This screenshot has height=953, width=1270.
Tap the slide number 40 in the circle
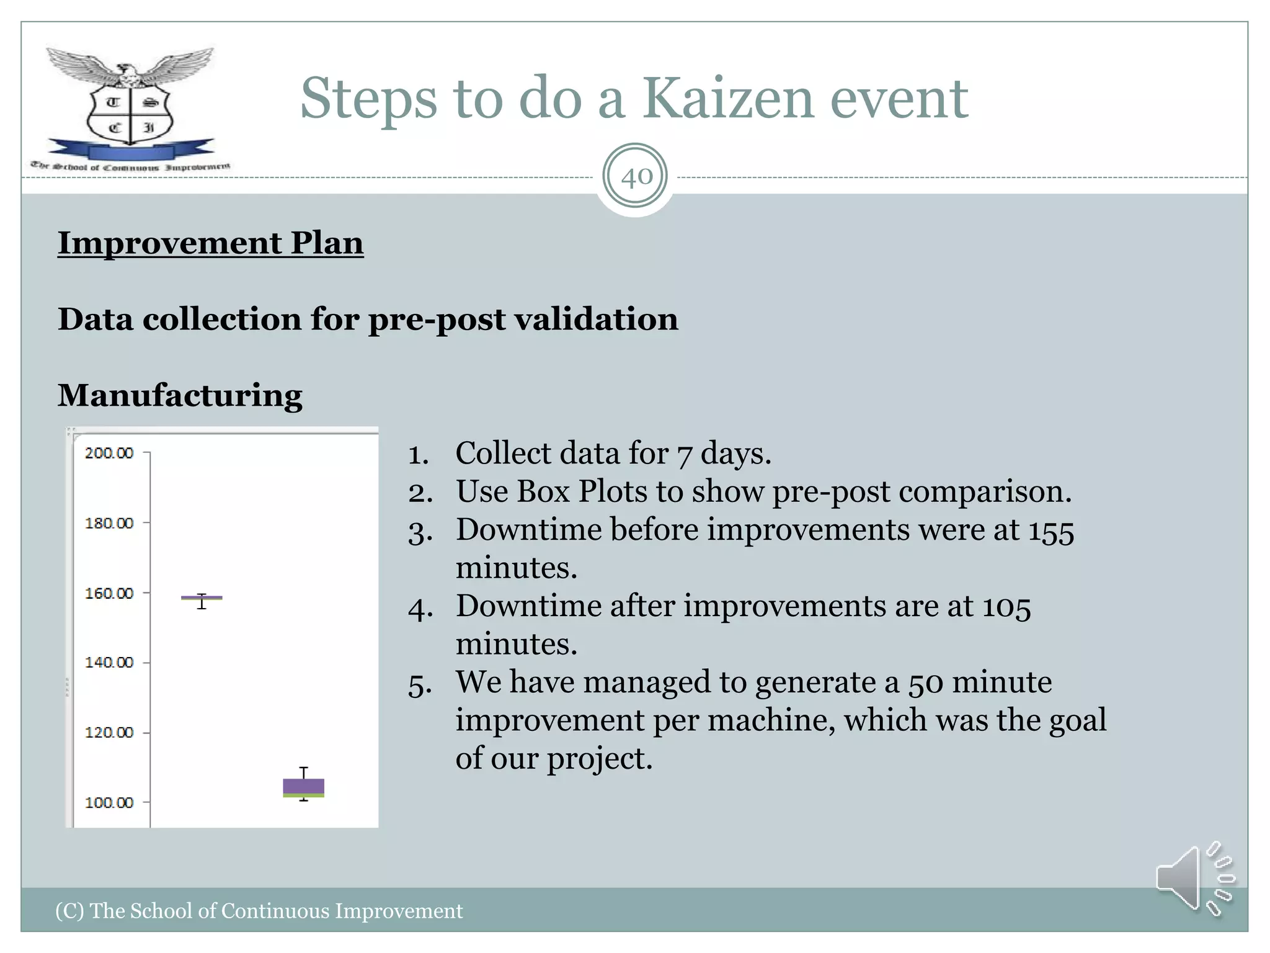636,177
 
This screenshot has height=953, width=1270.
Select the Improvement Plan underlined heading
210,243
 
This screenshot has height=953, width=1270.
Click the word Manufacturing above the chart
180,395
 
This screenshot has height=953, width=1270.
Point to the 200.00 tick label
109,453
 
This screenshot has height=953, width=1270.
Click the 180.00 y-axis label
109,523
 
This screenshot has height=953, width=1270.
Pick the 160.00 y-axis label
109,593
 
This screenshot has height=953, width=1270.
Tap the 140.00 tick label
109,663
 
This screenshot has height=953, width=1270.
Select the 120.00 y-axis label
109,733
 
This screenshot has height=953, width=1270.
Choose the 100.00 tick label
109,802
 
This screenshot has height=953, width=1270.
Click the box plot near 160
202,598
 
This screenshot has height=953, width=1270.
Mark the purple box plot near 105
303,787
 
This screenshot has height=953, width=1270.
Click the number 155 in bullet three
1050,532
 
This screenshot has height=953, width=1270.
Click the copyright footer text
259,911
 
